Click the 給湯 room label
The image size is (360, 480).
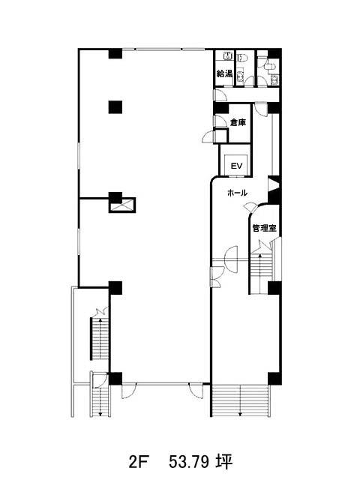[225, 73]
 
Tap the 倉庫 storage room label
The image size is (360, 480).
[238, 123]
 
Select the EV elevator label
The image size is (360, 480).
[236, 166]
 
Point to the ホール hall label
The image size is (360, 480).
[237, 193]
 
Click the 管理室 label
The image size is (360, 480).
[264, 228]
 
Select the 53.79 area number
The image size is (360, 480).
[189, 461]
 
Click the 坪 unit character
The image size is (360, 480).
[223, 460]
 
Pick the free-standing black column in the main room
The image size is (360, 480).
[115, 107]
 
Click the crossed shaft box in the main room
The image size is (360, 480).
[122, 205]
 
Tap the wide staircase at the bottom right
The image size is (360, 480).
[241, 400]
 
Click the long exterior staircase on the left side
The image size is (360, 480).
[100, 339]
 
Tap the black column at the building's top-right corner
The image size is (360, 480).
[274, 53]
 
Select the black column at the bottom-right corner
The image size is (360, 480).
[274, 379]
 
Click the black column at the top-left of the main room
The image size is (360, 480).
[115, 53]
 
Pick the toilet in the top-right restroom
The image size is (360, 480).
[270, 66]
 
